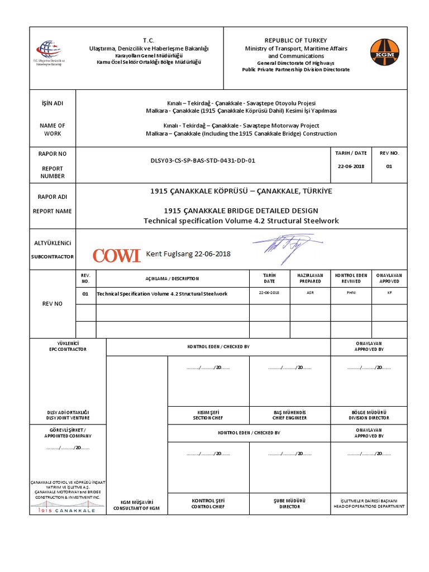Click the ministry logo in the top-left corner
pyautogui.click(x=49, y=51)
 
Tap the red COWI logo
pyautogui.click(x=116, y=255)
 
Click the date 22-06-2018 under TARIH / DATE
pyautogui.click(x=351, y=166)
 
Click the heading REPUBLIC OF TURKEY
pyautogui.click(x=295, y=41)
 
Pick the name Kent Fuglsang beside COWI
pyautogui.click(x=188, y=254)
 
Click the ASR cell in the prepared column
pyautogui.click(x=310, y=293)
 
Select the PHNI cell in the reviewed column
pyautogui.click(x=351, y=293)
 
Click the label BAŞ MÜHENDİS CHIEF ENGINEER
pyautogui.click(x=289, y=415)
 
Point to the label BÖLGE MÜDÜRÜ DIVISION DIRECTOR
pyautogui.click(x=369, y=415)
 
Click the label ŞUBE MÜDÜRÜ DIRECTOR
pyautogui.click(x=289, y=503)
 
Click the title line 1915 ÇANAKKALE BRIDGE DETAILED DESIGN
pyautogui.click(x=241, y=211)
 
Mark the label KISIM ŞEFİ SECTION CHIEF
pyautogui.click(x=208, y=415)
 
